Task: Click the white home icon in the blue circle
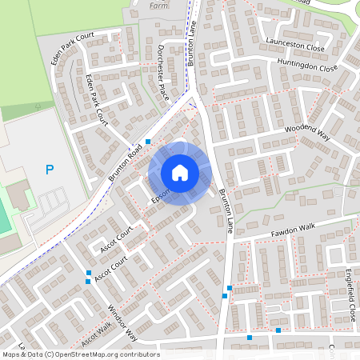coord(180,172)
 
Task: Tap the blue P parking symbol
coord(50,170)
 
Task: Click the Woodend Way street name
coord(307,133)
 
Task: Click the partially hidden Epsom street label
coord(161,197)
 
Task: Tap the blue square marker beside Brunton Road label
coord(147,140)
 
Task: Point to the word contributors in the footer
coord(137,354)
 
